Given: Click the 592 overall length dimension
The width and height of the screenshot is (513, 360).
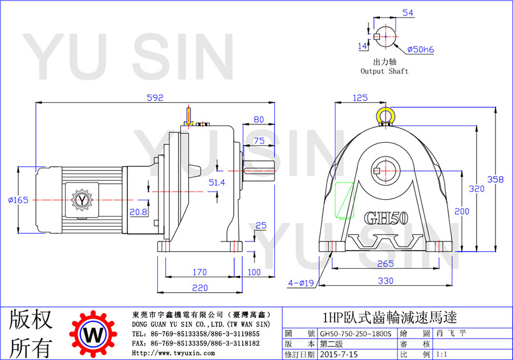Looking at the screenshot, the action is (x=154, y=98).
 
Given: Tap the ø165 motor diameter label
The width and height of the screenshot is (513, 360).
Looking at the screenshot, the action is (x=18, y=200).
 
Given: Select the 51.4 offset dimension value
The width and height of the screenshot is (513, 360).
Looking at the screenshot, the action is (x=217, y=183).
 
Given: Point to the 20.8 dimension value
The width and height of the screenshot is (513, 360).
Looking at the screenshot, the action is (x=139, y=212).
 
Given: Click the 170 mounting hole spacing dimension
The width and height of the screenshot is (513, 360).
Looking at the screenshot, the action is (x=199, y=272).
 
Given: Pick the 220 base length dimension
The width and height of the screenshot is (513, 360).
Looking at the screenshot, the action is (x=200, y=288).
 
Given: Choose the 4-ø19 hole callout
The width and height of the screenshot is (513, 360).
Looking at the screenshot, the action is (x=301, y=282).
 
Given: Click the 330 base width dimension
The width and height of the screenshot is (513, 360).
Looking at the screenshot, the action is (x=386, y=281).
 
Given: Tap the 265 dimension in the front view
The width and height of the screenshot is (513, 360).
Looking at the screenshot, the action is (x=385, y=264).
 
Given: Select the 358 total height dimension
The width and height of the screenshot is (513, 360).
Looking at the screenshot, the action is (x=495, y=179).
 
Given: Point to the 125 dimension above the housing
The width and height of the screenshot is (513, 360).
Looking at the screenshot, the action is (x=360, y=98).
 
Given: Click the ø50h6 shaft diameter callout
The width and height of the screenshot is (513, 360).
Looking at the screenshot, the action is (x=421, y=50).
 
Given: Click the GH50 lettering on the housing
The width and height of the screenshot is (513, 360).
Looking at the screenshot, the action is (x=386, y=218).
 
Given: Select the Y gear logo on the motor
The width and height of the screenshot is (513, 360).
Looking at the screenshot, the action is (x=82, y=200).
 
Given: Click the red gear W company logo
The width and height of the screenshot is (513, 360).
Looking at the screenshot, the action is (x=93, y=334).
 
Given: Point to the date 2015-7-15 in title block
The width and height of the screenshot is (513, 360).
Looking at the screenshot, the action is (x=339, y=354).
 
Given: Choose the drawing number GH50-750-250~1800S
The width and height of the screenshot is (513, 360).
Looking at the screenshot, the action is (x=356, y=334).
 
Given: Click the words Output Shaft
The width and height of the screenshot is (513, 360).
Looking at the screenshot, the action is (x=384, y=71).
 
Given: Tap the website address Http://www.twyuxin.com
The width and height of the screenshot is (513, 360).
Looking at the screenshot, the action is (x=173, y=353).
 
